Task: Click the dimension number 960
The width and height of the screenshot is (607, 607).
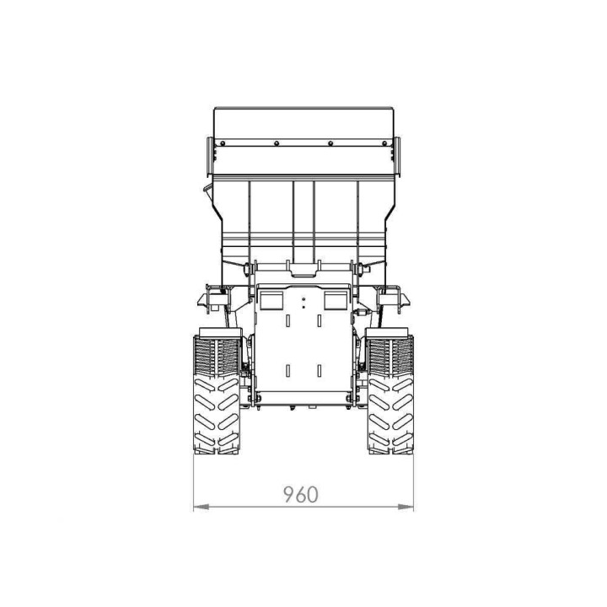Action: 301,494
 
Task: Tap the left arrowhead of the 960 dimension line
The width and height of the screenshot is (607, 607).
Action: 201,507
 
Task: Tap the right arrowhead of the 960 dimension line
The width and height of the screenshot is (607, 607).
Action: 406,507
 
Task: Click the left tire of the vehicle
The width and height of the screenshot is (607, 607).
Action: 217,395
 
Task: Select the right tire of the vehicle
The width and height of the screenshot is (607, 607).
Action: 390,395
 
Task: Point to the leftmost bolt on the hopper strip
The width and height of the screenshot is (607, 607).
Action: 223,143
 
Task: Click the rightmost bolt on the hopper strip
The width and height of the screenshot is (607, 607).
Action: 384,143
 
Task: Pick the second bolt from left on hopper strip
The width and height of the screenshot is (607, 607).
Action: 277,143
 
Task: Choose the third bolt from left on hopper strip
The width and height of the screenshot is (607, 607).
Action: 330,143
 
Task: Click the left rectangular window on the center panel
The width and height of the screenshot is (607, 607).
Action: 271,300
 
